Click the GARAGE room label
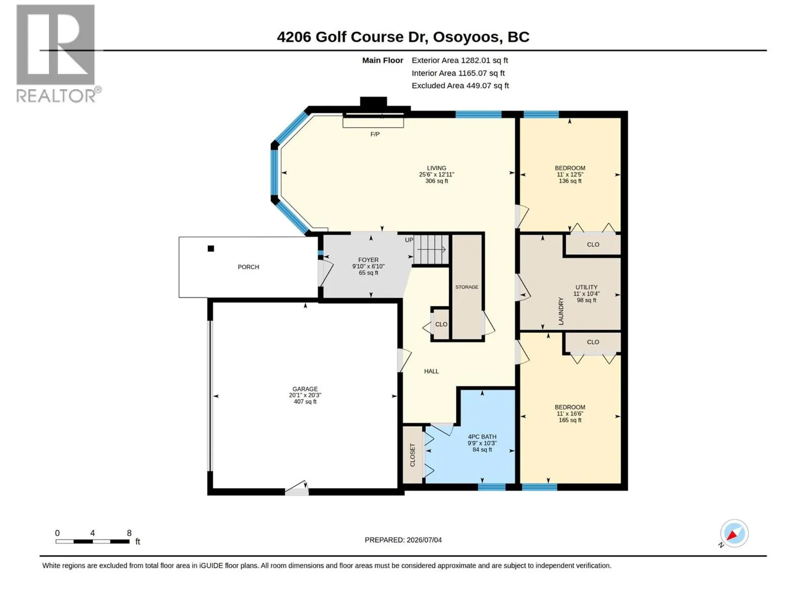[x=305, y=389]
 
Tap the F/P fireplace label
[x=375, y=135]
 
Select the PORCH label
[x=248, y=267]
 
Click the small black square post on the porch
[x=211, y=249]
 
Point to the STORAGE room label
[x=467, y=287]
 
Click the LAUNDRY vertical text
[x=561, y=311]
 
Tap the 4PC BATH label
[x=482, y=437]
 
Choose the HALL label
[x=431, y=372]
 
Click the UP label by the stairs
[x=409, y=240]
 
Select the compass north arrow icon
[x=734, y=533]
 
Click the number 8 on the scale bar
[x=129, y=532]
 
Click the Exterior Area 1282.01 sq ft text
[x=459, y=60]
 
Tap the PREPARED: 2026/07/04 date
[x=403, y=540]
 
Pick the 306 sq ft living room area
[x=436, y=181]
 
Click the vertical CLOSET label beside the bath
[x=412, y=455]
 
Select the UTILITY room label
[x=586, y=287]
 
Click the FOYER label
[x=368, y=260]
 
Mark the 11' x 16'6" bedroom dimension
[x=569, y=413]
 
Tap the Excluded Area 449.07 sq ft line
[x=460, y=86]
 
